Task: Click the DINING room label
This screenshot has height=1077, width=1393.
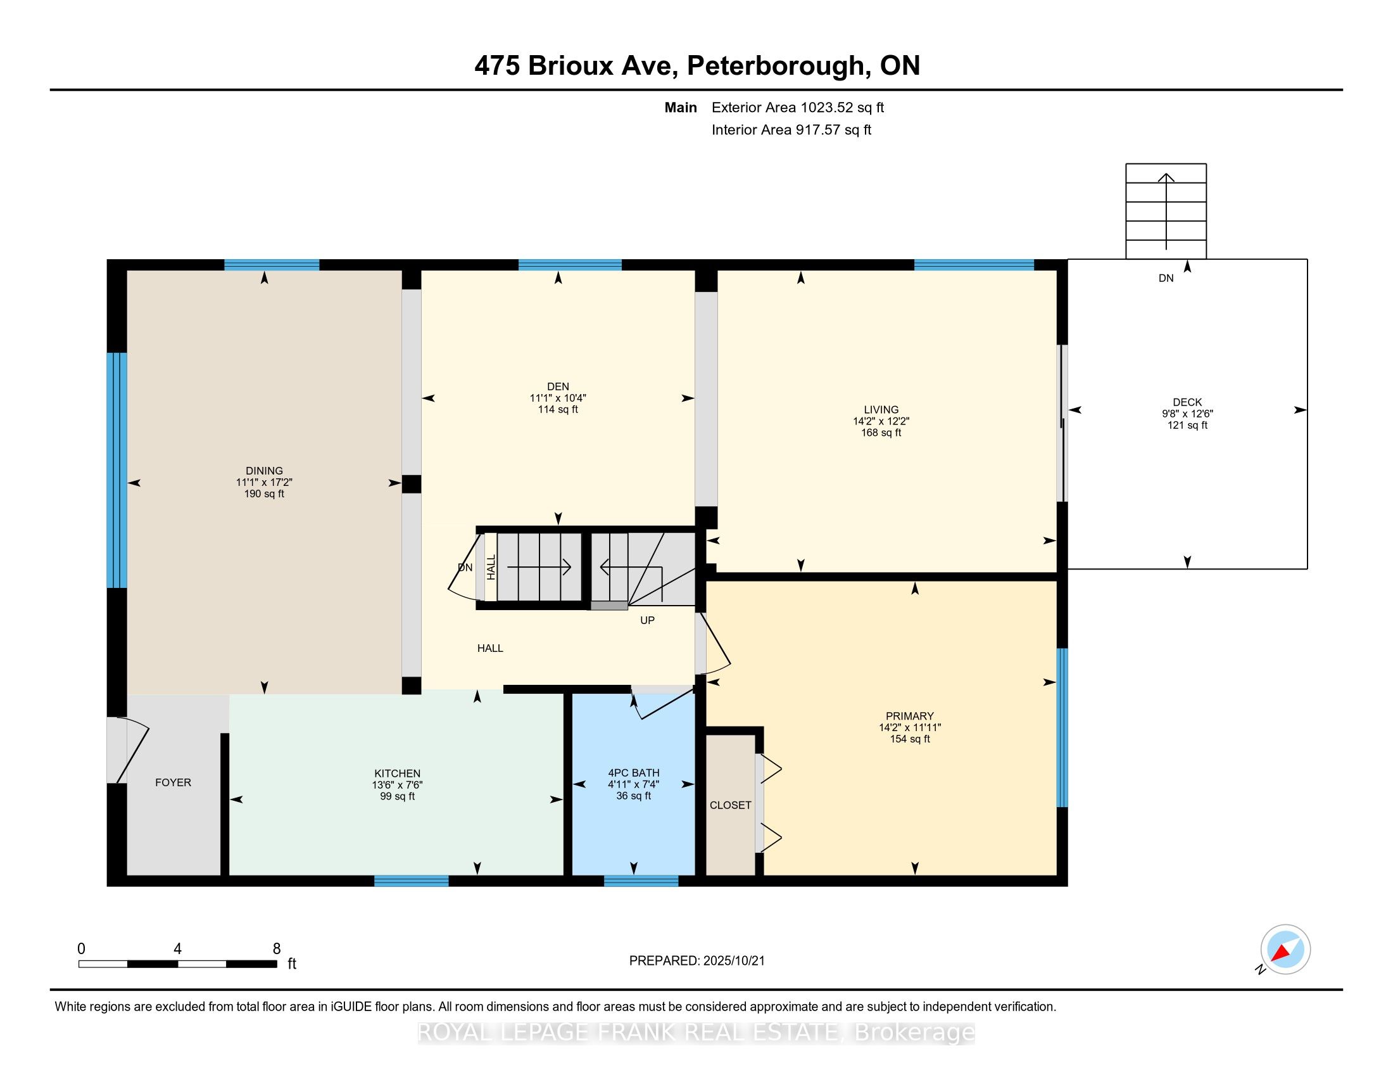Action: point(264,471)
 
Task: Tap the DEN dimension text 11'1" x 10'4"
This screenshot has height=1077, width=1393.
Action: point(558,398)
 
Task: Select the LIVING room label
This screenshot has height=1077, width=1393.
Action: point(881,410)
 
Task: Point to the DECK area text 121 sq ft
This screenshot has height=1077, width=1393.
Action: point(1188,425)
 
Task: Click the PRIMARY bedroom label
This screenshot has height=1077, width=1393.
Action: point(910,716)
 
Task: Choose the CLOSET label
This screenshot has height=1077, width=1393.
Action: point(730,805)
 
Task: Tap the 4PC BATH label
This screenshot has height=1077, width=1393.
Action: point(634,773)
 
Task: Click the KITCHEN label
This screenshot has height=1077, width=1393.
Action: point(398,774)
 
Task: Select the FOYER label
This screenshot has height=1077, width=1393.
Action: point(173,782)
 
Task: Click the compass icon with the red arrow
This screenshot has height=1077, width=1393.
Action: point(1285,950)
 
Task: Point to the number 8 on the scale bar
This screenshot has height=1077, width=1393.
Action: point(276,949)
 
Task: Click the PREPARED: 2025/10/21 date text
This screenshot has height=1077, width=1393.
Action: point(696,961)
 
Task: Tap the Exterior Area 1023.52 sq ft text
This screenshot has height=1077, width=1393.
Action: point(798,107)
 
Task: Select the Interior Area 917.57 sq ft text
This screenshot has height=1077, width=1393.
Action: point(791,129)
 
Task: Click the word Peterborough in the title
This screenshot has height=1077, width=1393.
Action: point(776,67)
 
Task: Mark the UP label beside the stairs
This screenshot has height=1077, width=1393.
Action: point(647,620)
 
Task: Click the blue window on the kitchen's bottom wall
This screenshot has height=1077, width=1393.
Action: point(412,881)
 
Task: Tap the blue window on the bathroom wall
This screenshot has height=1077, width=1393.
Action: point(641,881)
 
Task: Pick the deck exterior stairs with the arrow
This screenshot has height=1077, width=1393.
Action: point(1166,211)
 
